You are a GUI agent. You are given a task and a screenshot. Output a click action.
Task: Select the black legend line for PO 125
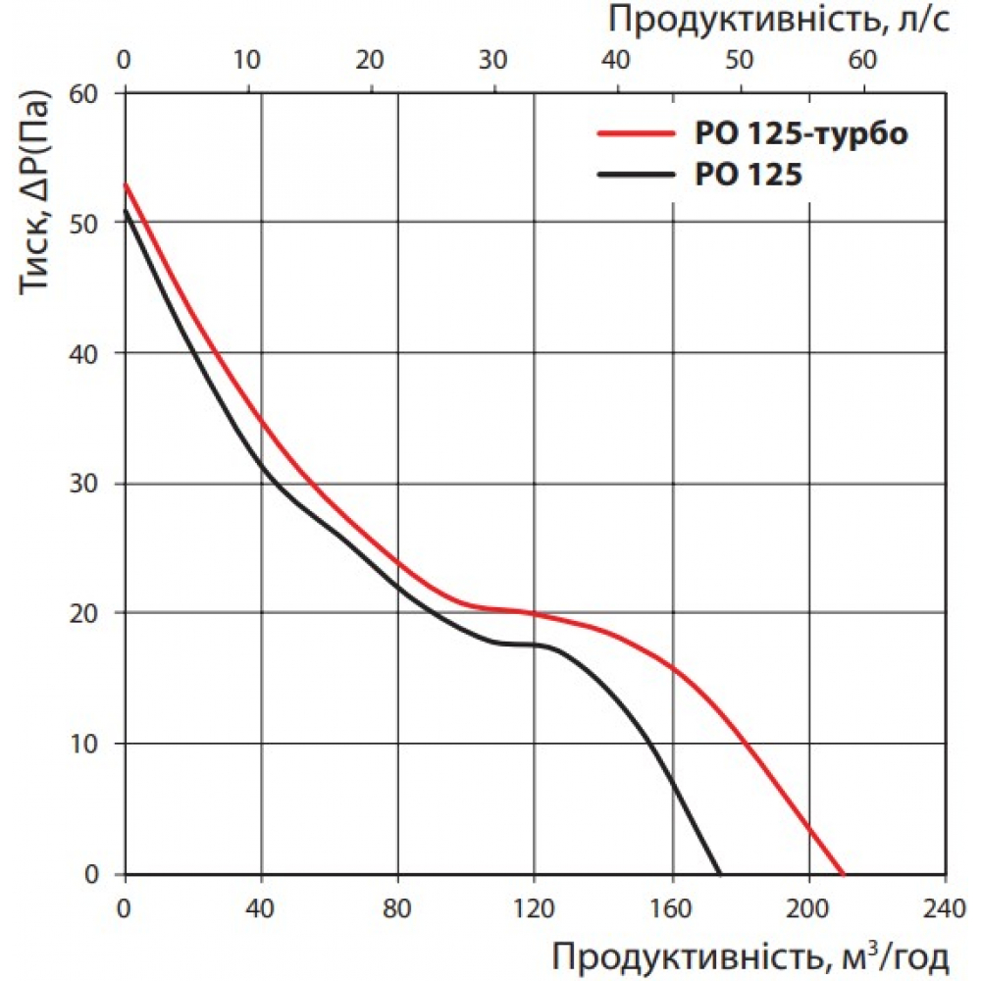(637, 176)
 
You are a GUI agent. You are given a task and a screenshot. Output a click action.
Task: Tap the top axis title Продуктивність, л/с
(780, 19)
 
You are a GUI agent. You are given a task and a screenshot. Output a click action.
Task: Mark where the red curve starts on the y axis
(126, 183)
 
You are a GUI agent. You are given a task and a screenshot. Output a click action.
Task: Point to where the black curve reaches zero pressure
(721, 873)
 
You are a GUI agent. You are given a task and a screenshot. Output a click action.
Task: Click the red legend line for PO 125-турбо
(637, 134)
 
